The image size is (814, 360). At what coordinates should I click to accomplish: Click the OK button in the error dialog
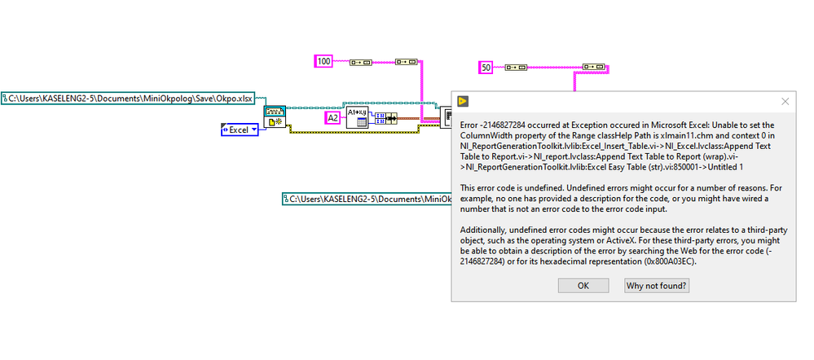point(583,285)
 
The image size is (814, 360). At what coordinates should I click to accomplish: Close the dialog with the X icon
point(785,101)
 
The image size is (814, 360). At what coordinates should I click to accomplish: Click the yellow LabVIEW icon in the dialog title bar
point(463,101)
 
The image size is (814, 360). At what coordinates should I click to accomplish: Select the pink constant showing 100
point(324,61)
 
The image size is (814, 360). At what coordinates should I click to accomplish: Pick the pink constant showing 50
point(486,68)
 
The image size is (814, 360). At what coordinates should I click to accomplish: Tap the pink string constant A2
point(332,118)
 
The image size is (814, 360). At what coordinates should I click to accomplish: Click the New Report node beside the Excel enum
point(275,116)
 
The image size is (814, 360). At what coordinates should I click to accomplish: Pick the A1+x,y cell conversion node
point(357,117)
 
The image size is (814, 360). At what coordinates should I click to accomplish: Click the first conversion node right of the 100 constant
point(359,61)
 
